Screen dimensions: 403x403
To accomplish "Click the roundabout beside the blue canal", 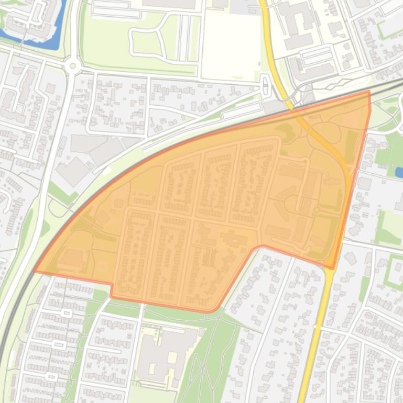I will [x=72, y=66].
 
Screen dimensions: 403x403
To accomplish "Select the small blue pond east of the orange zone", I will [x=399, y=172].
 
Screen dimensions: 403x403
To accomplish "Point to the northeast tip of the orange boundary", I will [x=369, y=92].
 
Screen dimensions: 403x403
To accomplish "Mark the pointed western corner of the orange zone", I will [x=35, y=271].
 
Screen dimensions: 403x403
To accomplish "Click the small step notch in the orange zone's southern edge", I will [x=112, y=290].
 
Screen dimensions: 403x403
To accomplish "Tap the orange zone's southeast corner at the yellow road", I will [x=332, y=268].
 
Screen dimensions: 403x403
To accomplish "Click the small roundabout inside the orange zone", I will [x=317, y=210].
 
